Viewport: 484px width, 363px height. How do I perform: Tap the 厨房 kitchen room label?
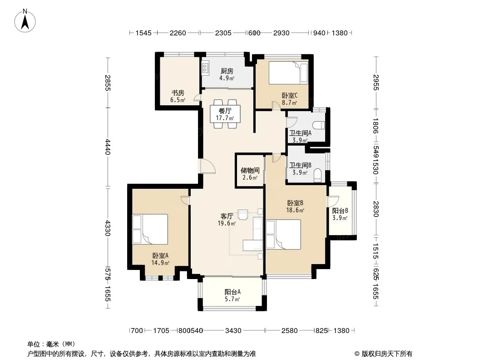pyautogui.click(x=227, y=71)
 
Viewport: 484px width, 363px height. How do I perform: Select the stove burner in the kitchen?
pyautogui.click(x=205, y=69)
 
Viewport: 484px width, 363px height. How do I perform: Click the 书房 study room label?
pyautogui.click(x=178, y=93)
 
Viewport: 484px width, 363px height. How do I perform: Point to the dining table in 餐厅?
pyautogui.click(x=225, y=114)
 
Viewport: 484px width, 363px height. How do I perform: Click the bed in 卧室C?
pyautogui.click(x=288, y=73)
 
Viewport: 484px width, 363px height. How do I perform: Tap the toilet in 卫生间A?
pyautogui.click(x=319, y=125)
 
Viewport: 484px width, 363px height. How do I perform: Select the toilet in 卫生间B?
pyautogui.click(x=318, y=176)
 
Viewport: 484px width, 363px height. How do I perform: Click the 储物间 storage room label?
pyautogui.click(x=250, y=170)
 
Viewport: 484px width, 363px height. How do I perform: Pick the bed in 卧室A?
pyautogui.click(x=150, y=229)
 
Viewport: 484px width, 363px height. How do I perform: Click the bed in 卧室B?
pyautogui.click(x=283, y=235)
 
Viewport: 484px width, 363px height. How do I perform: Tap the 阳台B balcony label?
pyautogui.click(x=340, y=211)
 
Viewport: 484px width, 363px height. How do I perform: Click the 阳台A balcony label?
pyautogui.click(x=232, y=292)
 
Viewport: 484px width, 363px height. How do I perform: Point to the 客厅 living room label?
pyautogui.click(x=227, y=216)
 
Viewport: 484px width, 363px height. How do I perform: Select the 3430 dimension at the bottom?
pyautogui.click(x=233, y=331)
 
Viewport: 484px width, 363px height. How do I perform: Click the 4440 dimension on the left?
pyautogui.click(x=108, y=147)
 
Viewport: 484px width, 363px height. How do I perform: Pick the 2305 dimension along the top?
pyautogui.click(x=223, y=33)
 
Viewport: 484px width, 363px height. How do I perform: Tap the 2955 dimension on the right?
pyautogui.click(x=375, y=82)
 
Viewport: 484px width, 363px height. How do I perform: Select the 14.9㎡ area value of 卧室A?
pyautogui.click(x=160, y=263)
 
